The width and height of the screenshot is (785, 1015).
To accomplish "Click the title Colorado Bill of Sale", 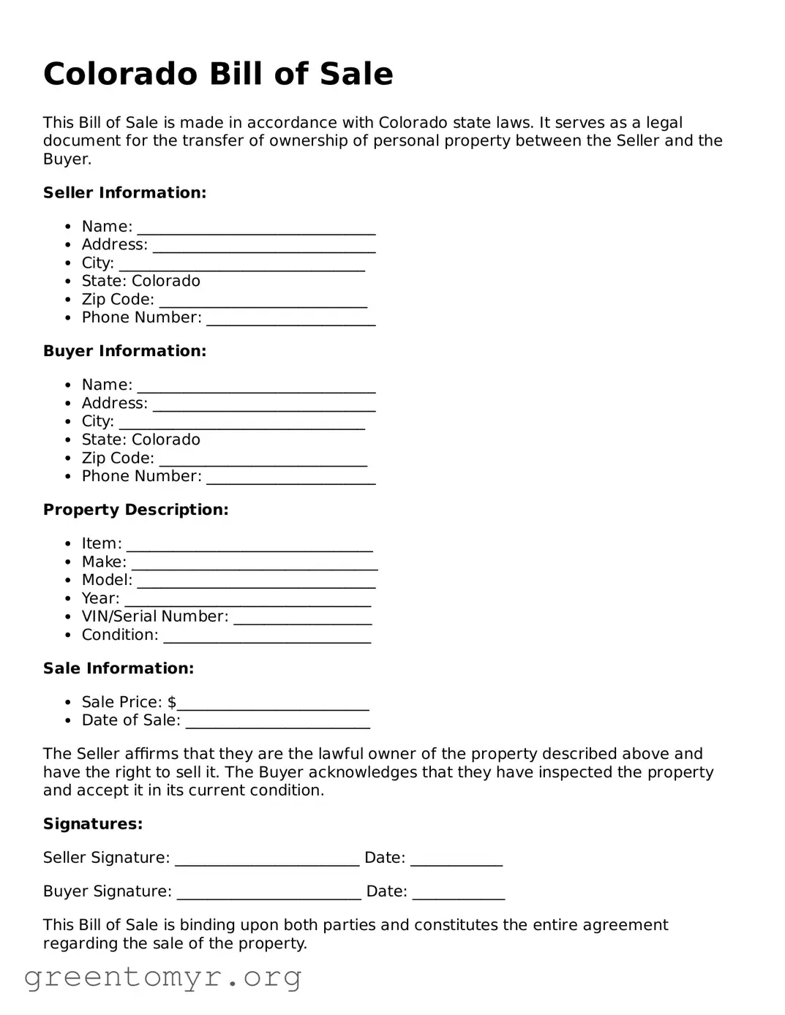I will [218, 74].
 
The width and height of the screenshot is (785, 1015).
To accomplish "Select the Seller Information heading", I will [124, 192].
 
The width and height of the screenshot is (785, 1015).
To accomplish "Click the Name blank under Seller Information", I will [256, 228].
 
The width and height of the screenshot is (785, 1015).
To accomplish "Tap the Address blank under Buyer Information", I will [263, 405].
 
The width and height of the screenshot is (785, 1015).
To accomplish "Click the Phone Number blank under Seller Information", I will [290, 320].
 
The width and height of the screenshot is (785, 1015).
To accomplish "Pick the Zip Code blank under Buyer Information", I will [263, 460].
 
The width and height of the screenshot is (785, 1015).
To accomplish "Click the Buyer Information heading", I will [124, 351].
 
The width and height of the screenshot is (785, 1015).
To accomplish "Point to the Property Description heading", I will [135, 510].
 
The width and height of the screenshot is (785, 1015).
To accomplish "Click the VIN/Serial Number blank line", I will [302, 619].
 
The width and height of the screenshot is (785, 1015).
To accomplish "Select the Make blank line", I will [254, 564].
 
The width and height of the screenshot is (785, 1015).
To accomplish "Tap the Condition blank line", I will [267, 637].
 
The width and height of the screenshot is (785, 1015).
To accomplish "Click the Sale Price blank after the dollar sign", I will [273, 704].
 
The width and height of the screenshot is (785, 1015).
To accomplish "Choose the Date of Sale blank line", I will [277, 722].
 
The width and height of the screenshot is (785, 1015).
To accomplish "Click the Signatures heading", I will [93, 824].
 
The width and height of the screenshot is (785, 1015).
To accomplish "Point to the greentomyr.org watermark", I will [162, 977].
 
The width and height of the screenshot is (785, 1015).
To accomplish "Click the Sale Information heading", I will [119, 668].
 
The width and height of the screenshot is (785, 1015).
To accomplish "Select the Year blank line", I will [247, 600].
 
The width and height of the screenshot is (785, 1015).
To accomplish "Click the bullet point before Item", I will [68, 544].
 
